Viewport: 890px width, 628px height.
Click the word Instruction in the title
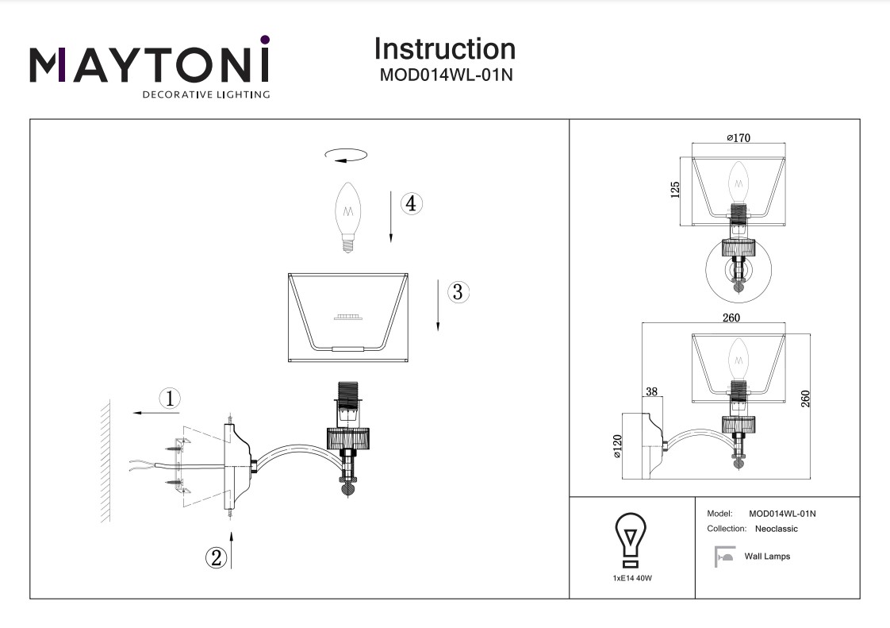tap(444, 49)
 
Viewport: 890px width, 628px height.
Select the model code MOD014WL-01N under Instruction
tap(444, 75)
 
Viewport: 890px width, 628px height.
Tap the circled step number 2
tap(216, 557)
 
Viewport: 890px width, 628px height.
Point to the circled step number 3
tap(457, 291)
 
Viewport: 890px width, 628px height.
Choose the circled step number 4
tap(410, 204)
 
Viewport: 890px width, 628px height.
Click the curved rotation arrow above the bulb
tap(347, 156)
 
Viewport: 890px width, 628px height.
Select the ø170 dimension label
tap(738, 138)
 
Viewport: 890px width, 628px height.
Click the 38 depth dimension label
tap(651, 392)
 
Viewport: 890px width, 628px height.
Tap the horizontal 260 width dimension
tap(731, 318)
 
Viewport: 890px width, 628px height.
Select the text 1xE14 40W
tap(632, 578)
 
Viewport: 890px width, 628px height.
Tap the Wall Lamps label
tap(767, 557)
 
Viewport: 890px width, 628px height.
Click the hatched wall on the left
tap(104, 460)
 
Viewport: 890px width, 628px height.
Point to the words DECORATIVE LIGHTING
tap(205, 95)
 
